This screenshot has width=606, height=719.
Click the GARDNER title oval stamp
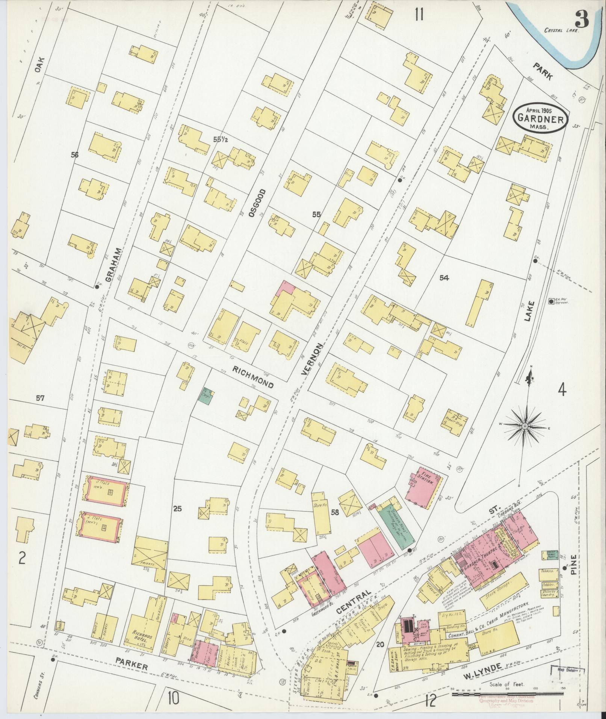tap(541, 118)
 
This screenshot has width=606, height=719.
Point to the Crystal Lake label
tap(562, 31)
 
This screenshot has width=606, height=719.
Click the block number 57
tap(40, 398)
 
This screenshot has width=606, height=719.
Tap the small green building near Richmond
tap(206, 395)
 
